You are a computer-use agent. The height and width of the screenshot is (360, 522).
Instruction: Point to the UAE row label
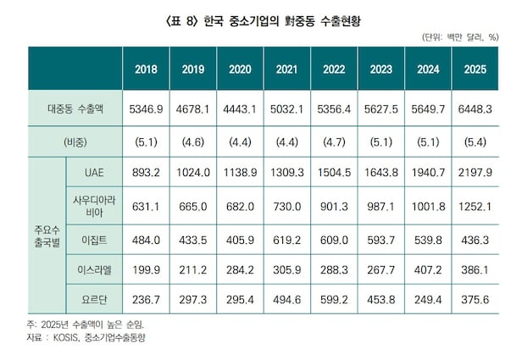click(x=94, y=172)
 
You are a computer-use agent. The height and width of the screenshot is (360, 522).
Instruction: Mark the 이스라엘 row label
click(x=94, y=270)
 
